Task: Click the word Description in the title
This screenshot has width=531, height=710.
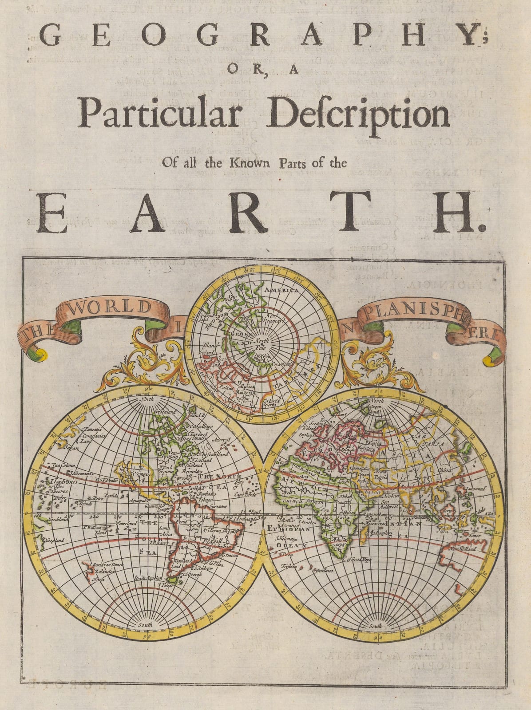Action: coord(359,114)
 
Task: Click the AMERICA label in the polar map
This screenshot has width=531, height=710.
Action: coord(281,290)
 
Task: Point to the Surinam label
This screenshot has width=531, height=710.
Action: coord(219,506)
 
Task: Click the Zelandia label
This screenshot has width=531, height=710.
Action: coord(102,572)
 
